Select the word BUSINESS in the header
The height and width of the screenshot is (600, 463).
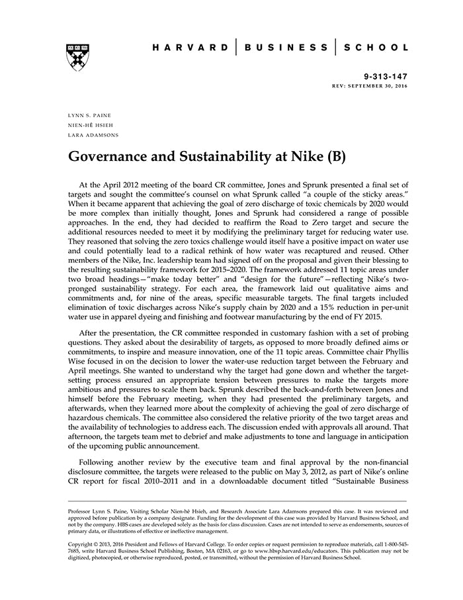[x=286, y=48]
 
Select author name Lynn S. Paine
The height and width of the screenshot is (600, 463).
[x=89, y=115]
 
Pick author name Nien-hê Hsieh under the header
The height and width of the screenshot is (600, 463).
[x=90, y=125]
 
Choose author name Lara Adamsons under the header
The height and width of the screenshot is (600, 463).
[x=92, y=134]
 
